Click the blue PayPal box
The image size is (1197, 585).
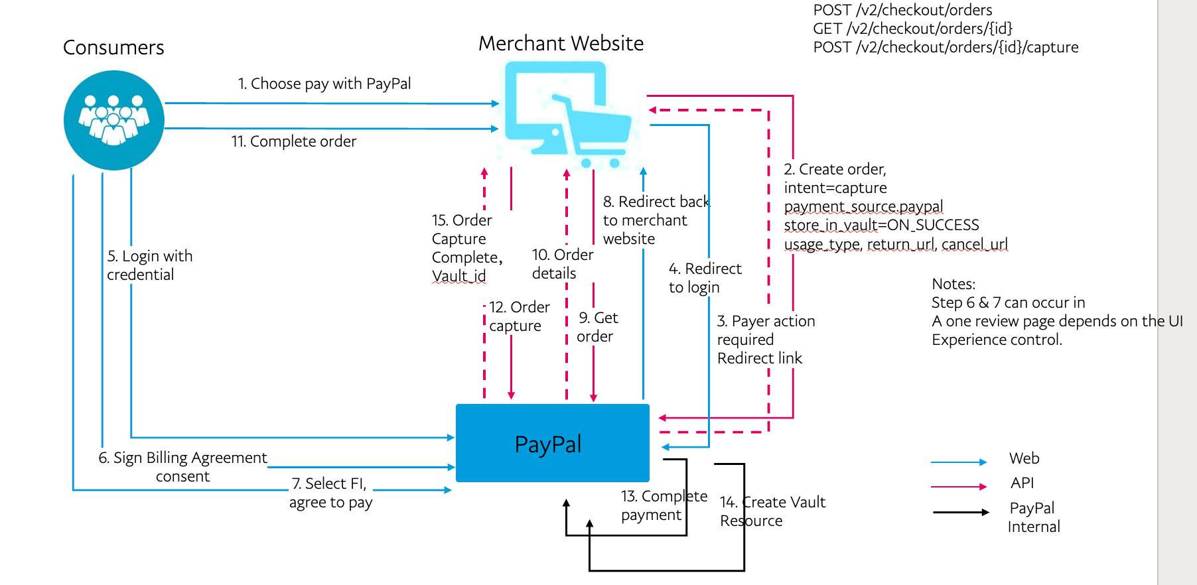click(x=552, y=443)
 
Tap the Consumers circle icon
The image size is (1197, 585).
click(x=113, y=120)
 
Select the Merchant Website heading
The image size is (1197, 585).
click(x=561, y=44)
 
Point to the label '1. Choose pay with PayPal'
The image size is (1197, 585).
click(x=324, y=84)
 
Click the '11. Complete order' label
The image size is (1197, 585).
click(x=294, y=141)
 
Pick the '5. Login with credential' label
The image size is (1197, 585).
click(x=150, y=265)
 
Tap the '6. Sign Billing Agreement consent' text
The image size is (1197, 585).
click(x=183, y=467)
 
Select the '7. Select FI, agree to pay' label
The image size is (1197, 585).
click(x=330, y=493)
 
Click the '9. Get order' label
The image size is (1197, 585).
click(x=597, y=327)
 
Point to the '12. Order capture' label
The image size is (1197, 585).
click(x=519, y=316)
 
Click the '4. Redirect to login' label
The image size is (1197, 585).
click(x=704, y=278)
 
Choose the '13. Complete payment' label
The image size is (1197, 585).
click(x=664, y=505)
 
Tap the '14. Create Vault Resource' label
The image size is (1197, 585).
click(x=772, y=511)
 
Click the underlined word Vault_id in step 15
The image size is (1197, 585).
click(x=458, y=276)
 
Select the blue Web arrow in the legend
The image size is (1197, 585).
click(x=958, y=462)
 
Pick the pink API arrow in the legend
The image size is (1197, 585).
click(x=958, y=487)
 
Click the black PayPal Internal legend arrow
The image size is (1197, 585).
click(x=960, y=512)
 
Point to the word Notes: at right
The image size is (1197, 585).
click(x=953, y=285)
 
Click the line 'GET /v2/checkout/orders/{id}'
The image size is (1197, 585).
click(x=912, y=29)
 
